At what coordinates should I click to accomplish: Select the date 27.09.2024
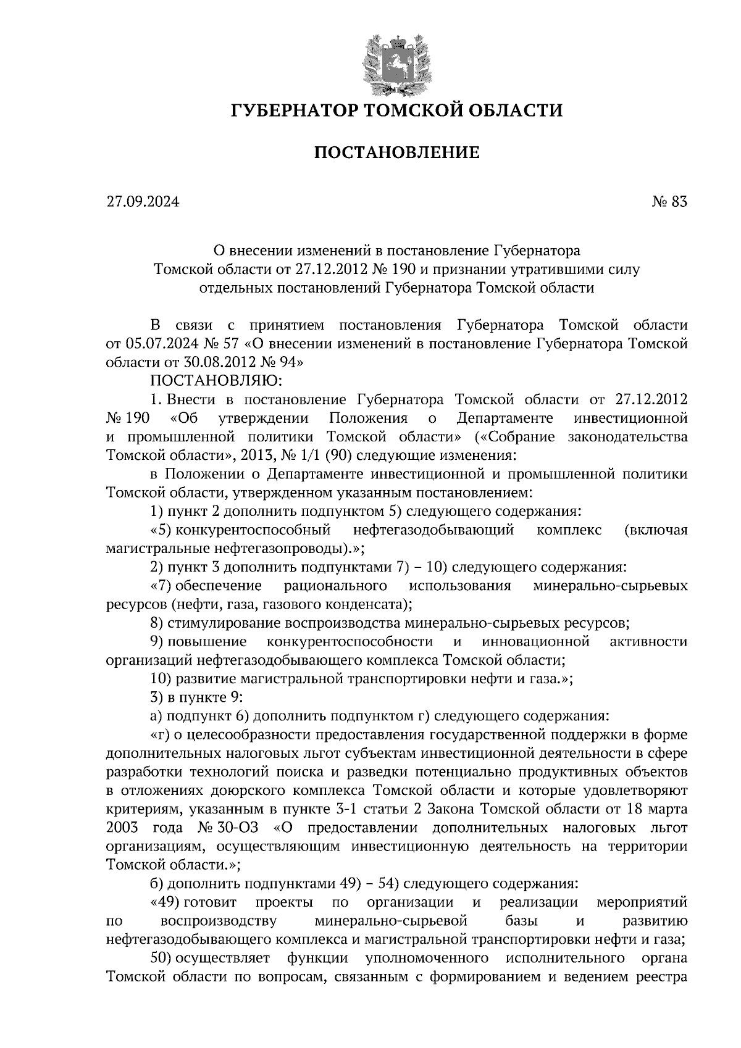point(142,201)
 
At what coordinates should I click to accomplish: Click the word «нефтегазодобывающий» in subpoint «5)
point(433,530)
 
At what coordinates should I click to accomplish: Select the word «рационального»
point(335,585)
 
